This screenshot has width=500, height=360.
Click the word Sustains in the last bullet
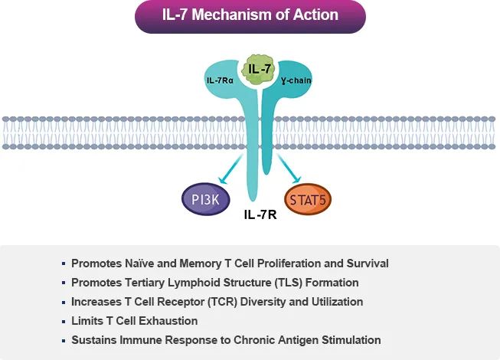(x=94, y=340)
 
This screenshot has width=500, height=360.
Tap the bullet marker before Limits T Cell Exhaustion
(x=64, y=321)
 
